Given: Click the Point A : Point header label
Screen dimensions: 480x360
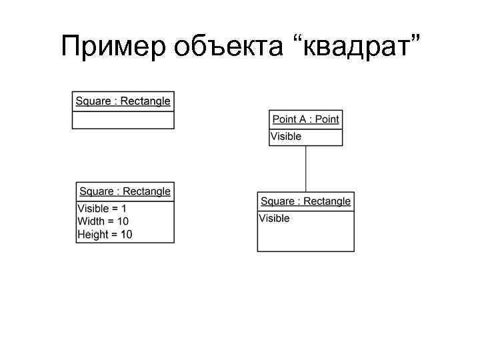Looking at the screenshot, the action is (x=305, y=119).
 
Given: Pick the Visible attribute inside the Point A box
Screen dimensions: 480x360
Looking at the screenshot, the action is (x=286, y=137).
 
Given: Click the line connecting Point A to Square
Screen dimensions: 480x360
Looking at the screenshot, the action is (x=306, y=169).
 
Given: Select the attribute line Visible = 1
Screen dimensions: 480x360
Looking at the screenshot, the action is (x=102, y=209).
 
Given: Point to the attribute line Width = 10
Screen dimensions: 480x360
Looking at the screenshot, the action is (x=103, y=221).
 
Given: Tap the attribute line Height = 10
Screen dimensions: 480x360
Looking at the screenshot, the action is (x=105, y=234).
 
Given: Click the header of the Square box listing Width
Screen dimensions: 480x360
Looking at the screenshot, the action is (x=125, y=191).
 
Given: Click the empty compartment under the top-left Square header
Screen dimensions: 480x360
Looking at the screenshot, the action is (x=123, y=120).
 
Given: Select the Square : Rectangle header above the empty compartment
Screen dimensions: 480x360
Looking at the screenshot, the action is (x=123, y=101).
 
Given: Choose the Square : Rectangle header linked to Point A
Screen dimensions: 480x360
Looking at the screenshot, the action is (x=305, y=201).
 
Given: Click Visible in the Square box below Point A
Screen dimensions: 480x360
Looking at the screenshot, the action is (x=275, y=219).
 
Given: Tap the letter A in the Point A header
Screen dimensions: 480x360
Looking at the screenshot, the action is (x=303, y=119).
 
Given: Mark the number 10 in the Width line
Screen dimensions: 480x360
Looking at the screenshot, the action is (x=123, y=221).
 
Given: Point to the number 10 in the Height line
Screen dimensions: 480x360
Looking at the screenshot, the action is (x=126, y=234).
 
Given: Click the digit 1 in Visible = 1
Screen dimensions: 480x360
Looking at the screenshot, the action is (x=123, y=209).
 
